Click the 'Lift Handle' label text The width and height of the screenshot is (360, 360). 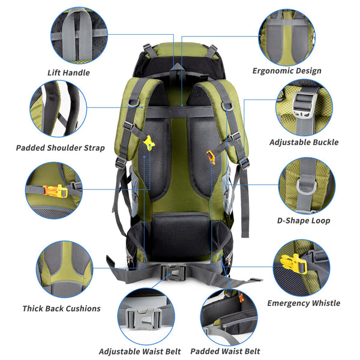[x=68, y=73]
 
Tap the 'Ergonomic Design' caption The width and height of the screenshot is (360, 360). [x=287, y=71]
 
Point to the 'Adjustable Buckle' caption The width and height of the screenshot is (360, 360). [x=304, y=142]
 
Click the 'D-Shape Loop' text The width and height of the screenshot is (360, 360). [x=304, y=221]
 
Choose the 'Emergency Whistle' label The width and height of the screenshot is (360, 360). [x=304, y=303]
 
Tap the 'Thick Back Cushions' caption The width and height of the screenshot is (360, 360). [x=61, y=308]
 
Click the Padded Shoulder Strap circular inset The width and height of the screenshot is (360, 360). [x=58, y=109]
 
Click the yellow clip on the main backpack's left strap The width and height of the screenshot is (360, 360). [x=148, y=143]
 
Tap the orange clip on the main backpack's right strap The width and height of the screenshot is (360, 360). [x=211, y=157]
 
